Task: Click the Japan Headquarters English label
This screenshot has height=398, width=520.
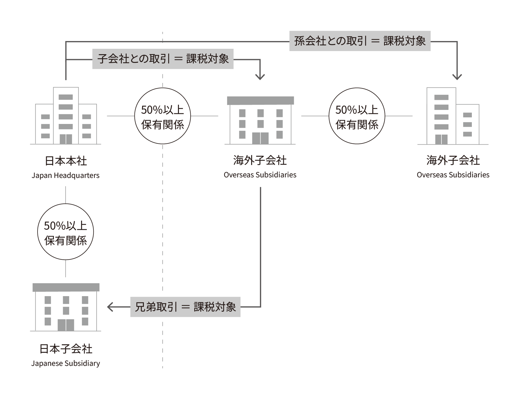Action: coord(65,175)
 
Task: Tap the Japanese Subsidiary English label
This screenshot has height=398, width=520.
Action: coord(65,363)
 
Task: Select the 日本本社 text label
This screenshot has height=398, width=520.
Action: coord(66,161)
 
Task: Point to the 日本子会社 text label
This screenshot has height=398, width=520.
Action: coord(66,349)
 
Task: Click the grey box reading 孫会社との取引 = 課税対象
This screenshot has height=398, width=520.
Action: coord(360,41)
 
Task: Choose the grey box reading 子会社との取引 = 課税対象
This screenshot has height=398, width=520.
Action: coord(163,59)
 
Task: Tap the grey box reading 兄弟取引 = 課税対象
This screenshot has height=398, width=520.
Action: coord(185,307)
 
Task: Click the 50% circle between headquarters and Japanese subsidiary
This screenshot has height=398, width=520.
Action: coord(66,232)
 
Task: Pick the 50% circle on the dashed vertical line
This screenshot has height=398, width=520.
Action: coord(163,116)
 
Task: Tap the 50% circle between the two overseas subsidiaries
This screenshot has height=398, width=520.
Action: coord(357,116)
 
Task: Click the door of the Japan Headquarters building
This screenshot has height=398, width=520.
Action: coord(66,139)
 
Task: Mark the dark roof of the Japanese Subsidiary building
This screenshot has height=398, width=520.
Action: coord(66,287)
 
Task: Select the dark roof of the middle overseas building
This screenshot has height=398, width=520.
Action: coord(260,100)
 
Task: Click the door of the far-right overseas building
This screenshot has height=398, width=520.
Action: coord(441,139)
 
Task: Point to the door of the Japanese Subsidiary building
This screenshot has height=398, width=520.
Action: coord(66,325)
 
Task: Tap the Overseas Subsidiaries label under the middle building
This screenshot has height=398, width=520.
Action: coord(260,175)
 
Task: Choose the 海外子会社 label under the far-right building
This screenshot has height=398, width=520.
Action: coord(453,160)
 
